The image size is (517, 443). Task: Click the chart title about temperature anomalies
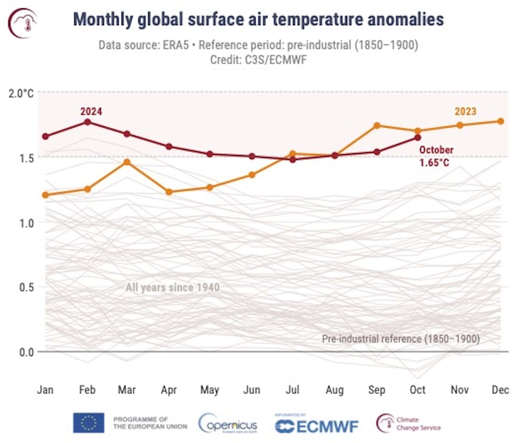(x=258, y=19)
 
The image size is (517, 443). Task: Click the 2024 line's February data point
(x=88, y=122)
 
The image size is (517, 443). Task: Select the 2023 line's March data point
(x=127, y=162)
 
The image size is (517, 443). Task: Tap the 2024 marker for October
(x=418, y=137)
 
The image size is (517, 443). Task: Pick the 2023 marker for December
(x=501, y=121)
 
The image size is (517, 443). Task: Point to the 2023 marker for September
(x=377, y=125)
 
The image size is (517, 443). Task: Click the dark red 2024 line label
(x=91, y=111)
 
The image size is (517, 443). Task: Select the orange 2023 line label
(x=466, y=111)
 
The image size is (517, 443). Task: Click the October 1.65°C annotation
(x=436, y=156)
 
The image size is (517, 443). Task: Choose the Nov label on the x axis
(x=460, y=390)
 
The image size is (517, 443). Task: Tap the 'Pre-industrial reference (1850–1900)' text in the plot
(x=401, y=339)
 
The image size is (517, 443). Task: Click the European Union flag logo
(x=88, y=422)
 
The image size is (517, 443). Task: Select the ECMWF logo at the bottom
(x=316, y=424)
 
